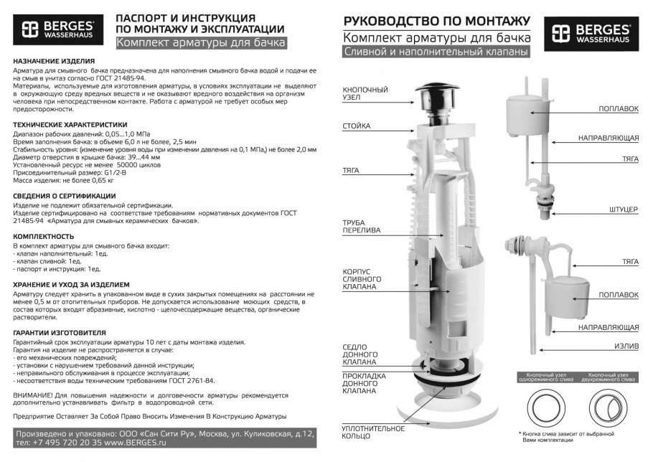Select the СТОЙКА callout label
click(x=357, y=126)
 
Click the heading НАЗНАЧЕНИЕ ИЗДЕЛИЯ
click(x=54, y=62)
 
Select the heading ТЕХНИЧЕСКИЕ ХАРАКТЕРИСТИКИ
click(x=70, y=124)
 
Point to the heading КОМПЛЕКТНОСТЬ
click(x=43, y=236)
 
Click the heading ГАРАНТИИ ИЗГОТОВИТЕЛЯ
click(x=60, y=333)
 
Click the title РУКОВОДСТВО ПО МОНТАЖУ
click(x=437, y=20)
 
